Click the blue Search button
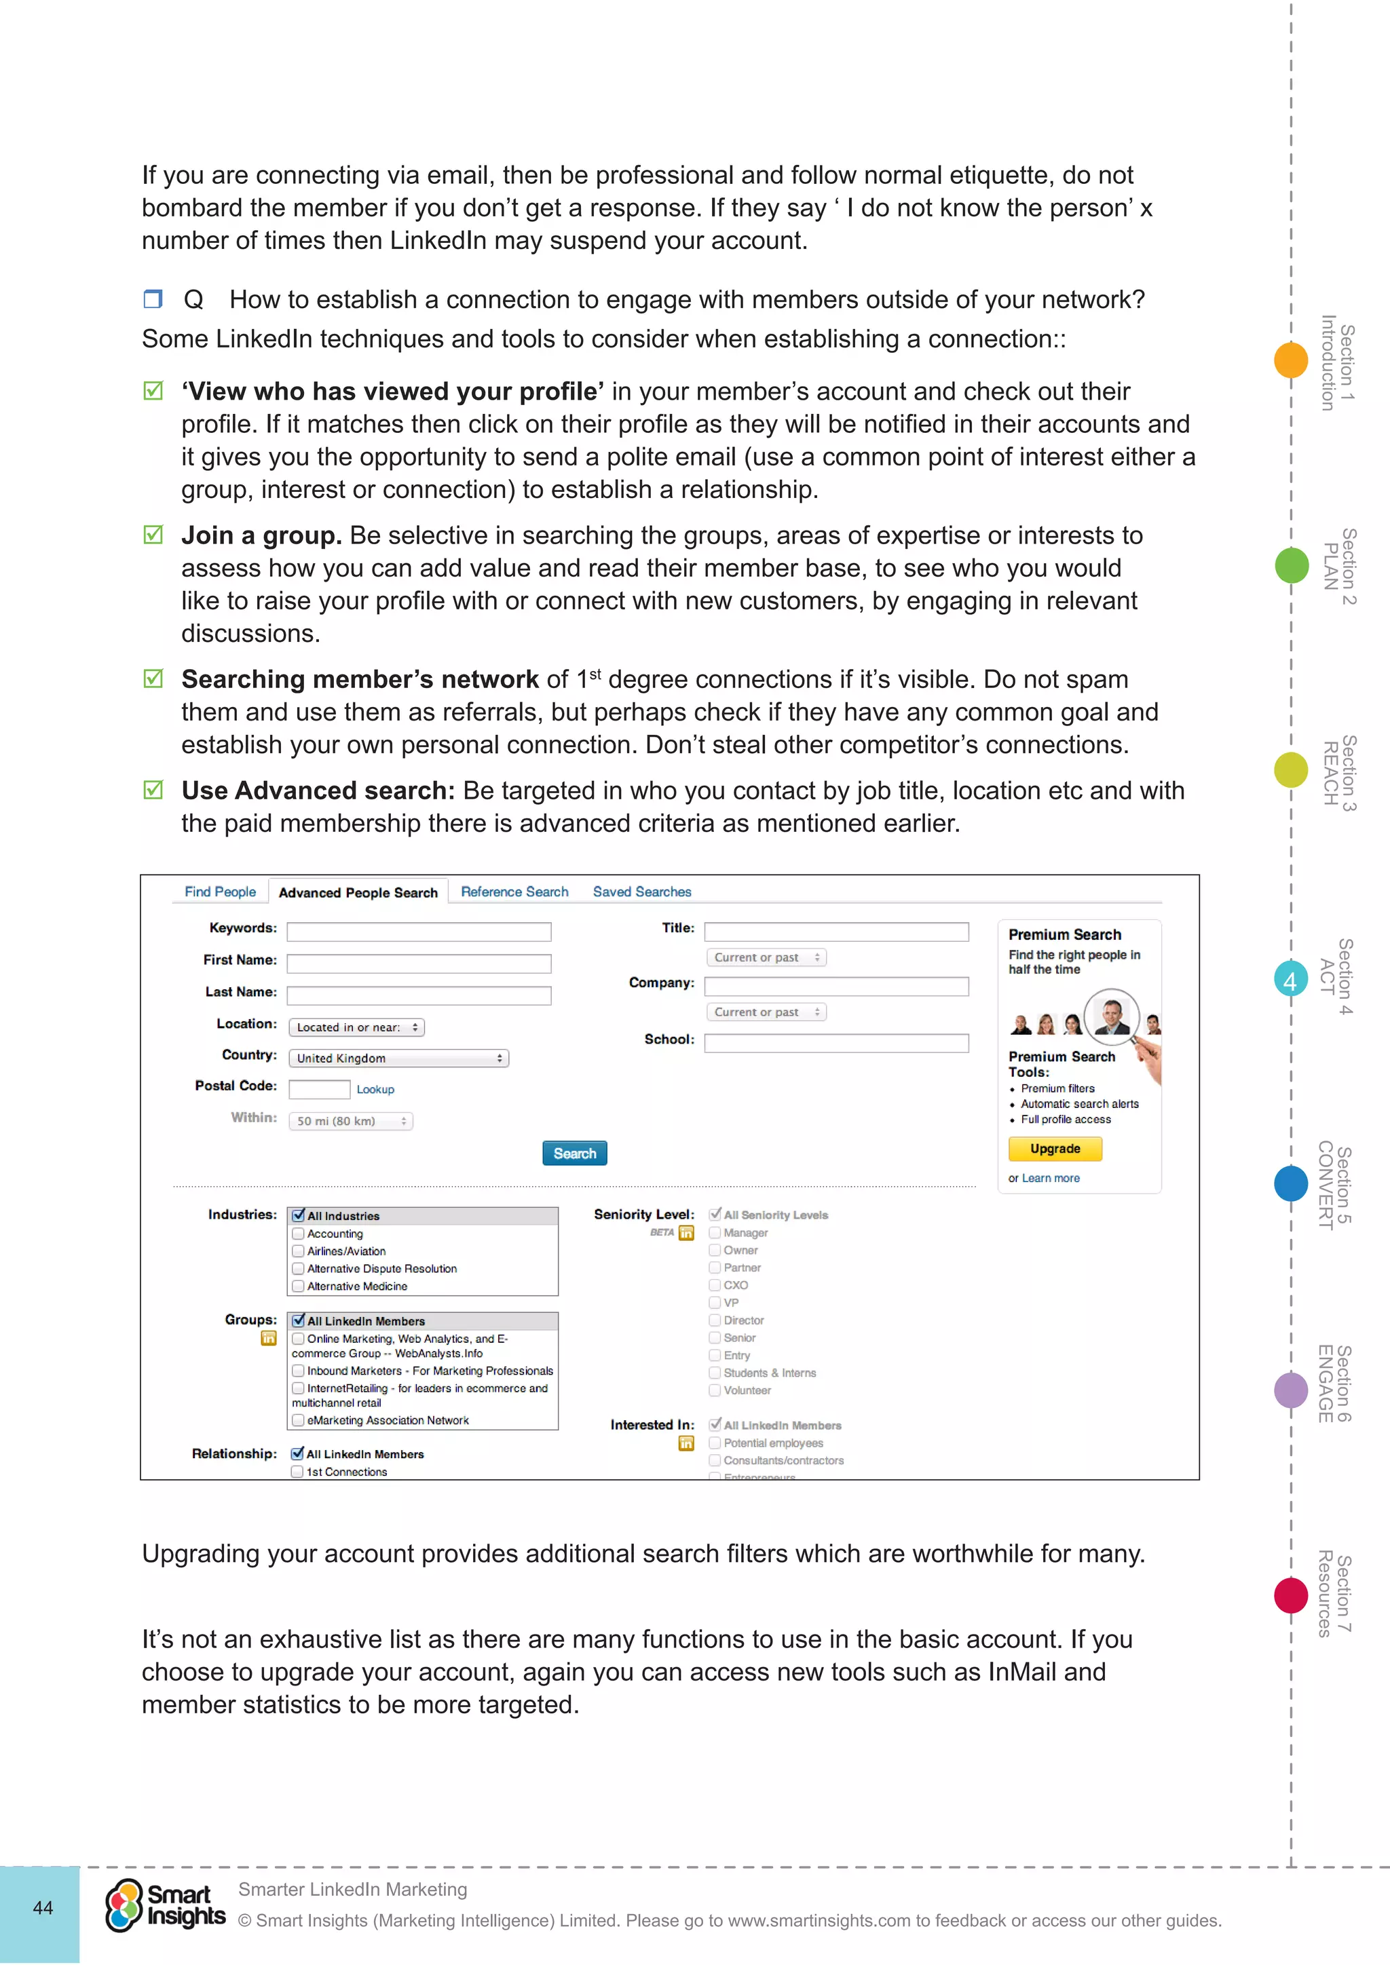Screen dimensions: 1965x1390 (574, 1153)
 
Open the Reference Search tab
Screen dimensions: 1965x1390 (514, 891)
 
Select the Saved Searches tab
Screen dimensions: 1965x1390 (642, 891)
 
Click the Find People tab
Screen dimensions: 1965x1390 (220, 891)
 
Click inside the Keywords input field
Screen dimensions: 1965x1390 (419, 931)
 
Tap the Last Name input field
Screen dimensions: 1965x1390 (419, 995)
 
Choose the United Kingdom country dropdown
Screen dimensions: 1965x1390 (398, 1058)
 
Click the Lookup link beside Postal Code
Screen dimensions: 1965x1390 (375, 1090)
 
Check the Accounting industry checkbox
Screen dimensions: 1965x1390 (298, 1234)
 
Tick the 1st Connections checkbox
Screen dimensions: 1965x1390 (297, 1471)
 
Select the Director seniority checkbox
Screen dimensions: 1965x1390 (715, 1320)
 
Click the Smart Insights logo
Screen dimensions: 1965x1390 (165, 1905)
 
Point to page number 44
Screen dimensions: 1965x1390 (43, 1907)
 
